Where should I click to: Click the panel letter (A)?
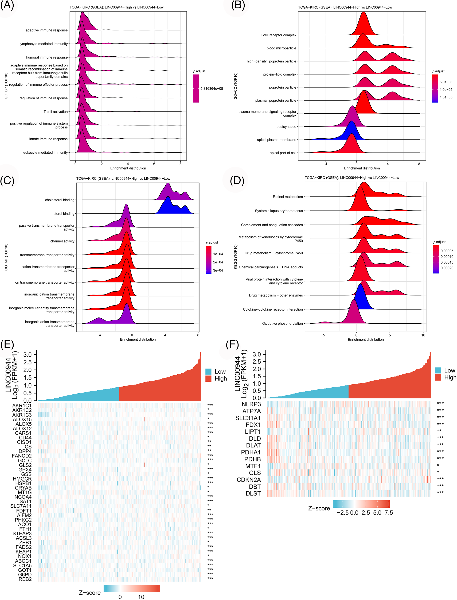pos(7,5)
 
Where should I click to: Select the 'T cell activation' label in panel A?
pos(56,112)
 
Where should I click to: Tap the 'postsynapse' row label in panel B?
pos(286,127)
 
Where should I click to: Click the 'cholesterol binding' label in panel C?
pos(60,200)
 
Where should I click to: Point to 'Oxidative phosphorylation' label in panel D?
pos(282,323)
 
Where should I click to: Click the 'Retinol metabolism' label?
pos(288,197)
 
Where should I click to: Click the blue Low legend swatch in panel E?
pos(208,371)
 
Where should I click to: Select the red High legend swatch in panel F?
pos(438,377)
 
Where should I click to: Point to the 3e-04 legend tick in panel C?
pos(218,270)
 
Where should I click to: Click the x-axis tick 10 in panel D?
pos(423,335)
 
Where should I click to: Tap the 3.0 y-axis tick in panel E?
pos(28,354)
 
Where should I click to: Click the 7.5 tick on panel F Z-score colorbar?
pos(389,513)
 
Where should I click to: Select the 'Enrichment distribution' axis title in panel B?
pos(362,168)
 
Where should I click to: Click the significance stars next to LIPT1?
pos(439,431)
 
